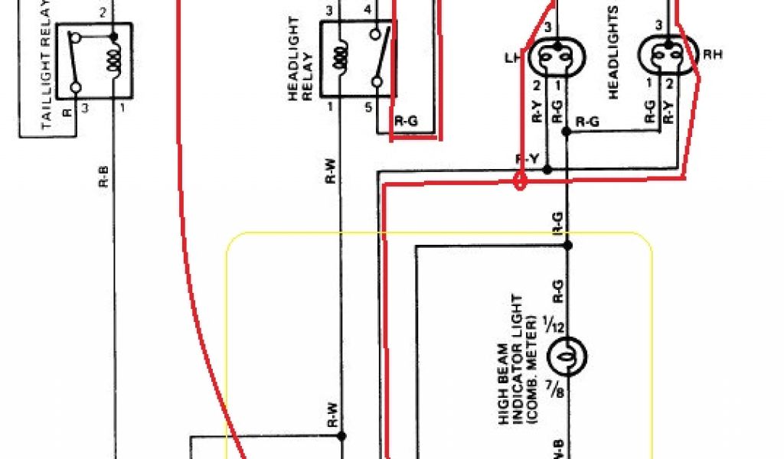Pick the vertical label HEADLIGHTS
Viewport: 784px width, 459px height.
(612, 52)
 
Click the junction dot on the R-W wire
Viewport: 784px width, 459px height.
(341, 437)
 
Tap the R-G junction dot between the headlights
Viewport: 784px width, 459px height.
(567, 132)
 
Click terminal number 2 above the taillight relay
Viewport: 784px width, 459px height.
(102, 13)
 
